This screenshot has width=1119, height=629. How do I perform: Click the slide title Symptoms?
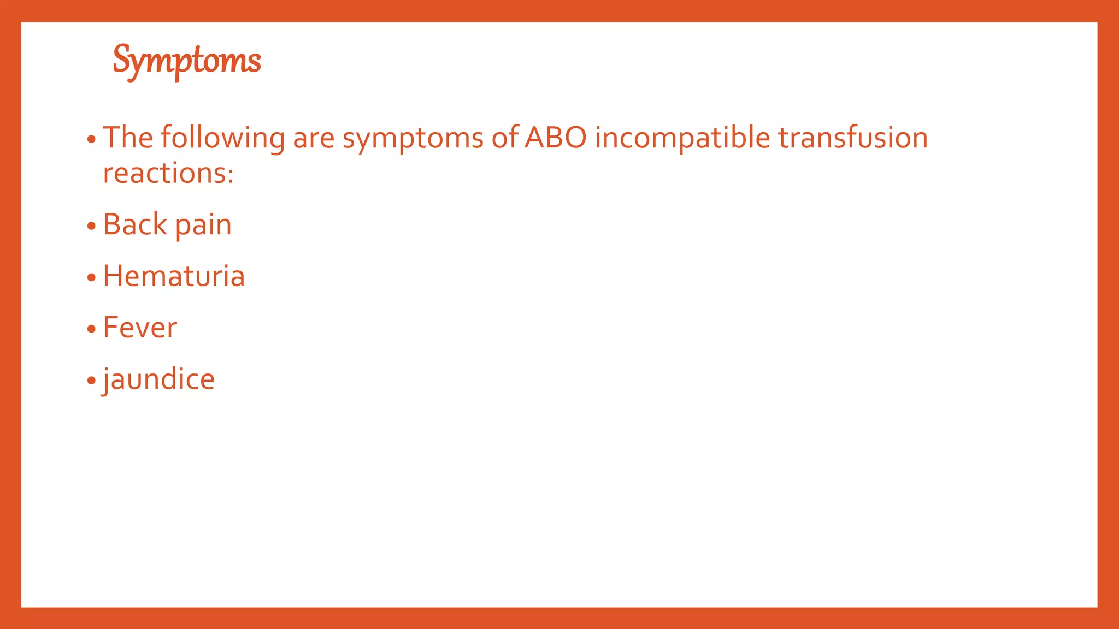tap(187, 60)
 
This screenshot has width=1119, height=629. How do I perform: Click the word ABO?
tap(555, 138)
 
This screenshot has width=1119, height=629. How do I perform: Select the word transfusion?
tap(852, 138)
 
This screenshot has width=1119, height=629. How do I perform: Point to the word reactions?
tap(168, 174)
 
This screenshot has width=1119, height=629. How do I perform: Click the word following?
tap(222, 138)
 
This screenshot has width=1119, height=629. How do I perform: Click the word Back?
tap(135, 224)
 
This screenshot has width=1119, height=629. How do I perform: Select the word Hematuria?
tap(174, 276)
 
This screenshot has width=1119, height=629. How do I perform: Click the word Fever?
tap(140, 328)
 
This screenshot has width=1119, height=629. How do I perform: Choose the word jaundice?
tap(159, 379)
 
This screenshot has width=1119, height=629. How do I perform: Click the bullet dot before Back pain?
tap(91, 226)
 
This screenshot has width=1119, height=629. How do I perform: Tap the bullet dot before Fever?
tap(91, 329)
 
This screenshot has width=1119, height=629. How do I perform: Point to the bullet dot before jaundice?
tap(91, 381)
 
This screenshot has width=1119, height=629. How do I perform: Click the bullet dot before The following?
tap(91, 139)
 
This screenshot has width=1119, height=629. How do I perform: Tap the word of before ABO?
tap(504, 138)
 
